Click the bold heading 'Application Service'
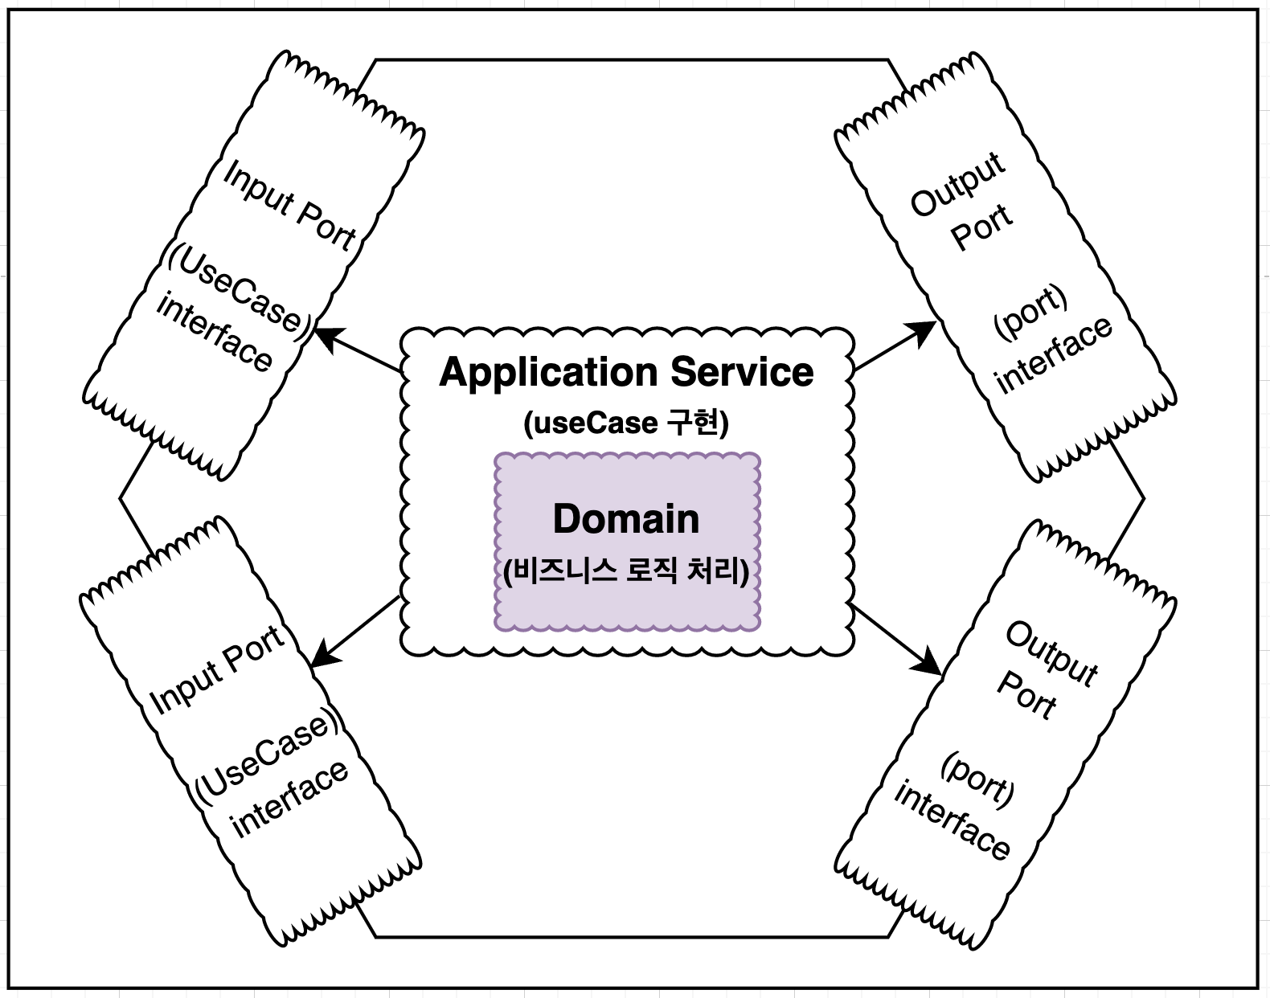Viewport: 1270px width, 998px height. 626,373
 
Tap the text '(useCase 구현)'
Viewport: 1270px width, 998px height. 626,423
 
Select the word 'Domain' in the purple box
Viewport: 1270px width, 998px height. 626,519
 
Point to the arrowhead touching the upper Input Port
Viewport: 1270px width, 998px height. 325,336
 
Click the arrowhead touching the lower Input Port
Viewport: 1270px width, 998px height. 322,656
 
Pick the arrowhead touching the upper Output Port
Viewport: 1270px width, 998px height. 924,330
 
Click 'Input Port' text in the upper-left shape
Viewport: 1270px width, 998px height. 289,206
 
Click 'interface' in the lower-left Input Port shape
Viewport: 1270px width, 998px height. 289,800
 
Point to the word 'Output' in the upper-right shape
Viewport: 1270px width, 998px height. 957,185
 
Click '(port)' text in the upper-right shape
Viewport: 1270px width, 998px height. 1030,312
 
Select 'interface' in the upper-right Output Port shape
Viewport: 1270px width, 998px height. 1054,354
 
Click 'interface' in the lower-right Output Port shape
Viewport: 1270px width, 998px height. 952,820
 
